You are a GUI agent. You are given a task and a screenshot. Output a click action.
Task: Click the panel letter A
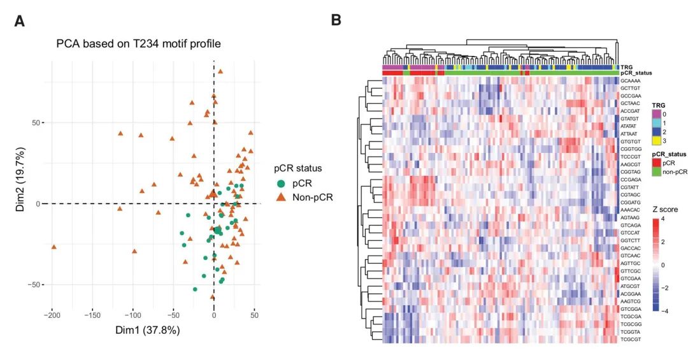pos(20,21)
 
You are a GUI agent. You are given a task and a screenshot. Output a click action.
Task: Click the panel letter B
pos(336,21)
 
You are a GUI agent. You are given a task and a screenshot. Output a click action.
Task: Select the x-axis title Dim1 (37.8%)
pos(148,330)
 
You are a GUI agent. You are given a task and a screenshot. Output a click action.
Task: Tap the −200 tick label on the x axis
pos(52,315)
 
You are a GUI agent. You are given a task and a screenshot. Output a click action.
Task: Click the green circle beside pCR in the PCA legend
pos(281,184)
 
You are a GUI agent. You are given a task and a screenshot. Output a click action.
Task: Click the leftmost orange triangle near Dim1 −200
pos(54,247)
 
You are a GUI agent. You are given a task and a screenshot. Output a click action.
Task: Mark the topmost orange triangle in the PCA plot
pos(220,71)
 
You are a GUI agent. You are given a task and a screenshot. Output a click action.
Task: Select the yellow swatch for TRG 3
pos(656,140)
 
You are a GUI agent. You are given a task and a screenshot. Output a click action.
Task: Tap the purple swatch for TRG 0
pos(656,113)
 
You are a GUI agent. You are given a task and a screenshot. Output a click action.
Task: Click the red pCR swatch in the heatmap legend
pos(656,162)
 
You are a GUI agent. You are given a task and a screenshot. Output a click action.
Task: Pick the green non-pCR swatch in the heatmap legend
pos(656,171)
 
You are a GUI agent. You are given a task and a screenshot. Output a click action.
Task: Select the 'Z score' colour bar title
pos(665,209)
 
